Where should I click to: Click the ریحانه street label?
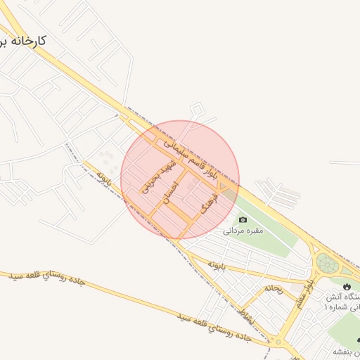[274, 289]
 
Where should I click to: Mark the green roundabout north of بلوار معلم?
[327, 264]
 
